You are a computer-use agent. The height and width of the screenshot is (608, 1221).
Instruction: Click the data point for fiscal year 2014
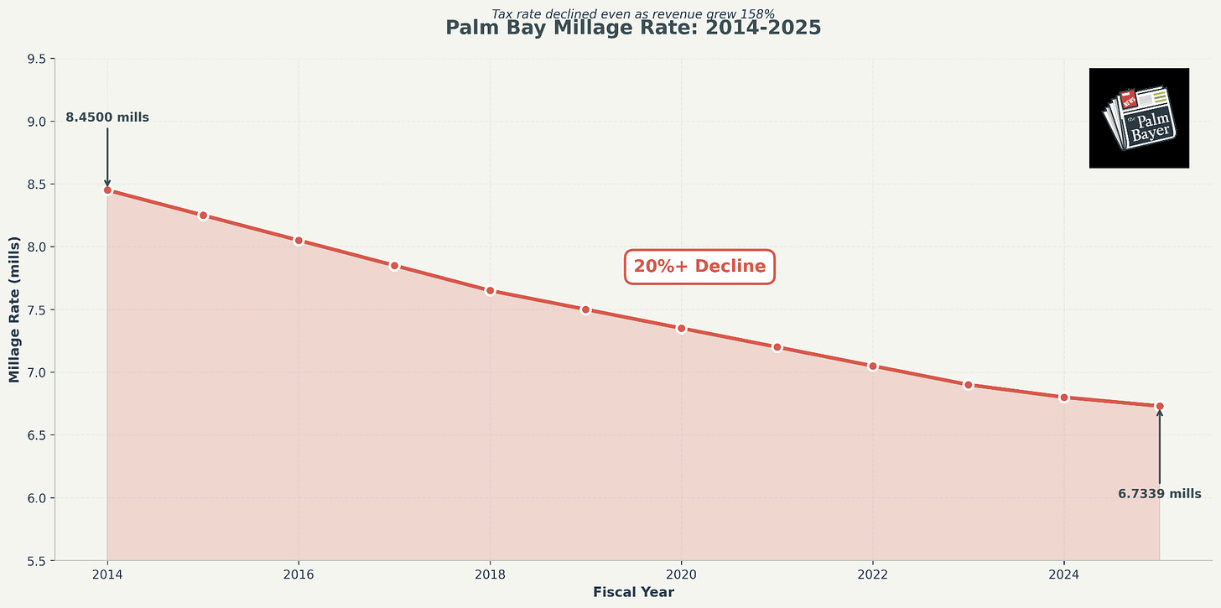(107, 190)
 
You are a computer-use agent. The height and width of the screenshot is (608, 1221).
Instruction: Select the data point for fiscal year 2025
(1160, 406)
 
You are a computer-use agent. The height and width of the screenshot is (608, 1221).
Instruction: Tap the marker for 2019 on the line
(585, 309)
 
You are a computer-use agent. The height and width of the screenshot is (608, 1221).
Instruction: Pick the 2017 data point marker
(394, 266)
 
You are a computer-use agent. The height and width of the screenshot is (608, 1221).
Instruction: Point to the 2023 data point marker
(968, 385)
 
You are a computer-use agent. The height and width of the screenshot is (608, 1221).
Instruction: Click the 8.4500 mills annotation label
(107, 118)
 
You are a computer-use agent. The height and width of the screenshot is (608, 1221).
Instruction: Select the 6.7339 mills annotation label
(1159, 494)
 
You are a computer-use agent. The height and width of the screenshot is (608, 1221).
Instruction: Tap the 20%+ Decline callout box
(699, 267)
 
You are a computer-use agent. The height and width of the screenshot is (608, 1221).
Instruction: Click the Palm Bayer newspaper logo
(1139, 118)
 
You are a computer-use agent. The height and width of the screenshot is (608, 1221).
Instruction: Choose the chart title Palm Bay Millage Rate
(633, 28)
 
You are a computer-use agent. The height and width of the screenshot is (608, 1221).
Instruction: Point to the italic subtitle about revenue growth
(633, 13)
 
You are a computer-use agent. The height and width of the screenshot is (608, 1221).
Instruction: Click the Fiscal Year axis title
(633, 592)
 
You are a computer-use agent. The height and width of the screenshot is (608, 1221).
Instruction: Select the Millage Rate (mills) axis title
(14, 309)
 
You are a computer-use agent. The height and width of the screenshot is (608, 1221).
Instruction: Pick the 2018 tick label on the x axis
(490, 574)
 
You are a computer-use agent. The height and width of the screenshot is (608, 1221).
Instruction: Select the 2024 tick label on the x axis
(1063, 574)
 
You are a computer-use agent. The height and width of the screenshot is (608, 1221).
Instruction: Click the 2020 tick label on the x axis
(681, 574)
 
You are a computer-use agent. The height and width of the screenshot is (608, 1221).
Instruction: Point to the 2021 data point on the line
(777, 347)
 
